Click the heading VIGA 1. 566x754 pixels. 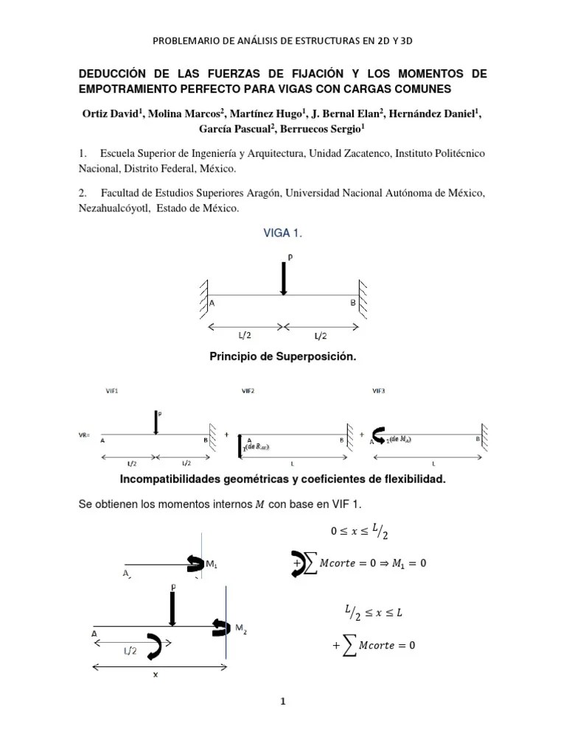tap(283, 233)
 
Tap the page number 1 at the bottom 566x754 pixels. tap(282, 702)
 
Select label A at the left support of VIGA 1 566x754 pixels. tap(212, 303)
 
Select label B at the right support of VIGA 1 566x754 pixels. tap(352, 303)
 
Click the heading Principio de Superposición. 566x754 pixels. tap(283, 357)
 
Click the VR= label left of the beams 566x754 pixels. tap(85, 434)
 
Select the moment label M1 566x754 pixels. tap(212, 565)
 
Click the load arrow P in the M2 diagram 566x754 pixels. tap(172, 608)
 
